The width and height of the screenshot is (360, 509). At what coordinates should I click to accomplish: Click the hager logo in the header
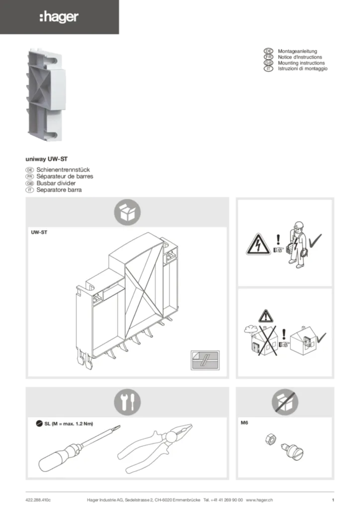pyautogui.click(x=59, y=17)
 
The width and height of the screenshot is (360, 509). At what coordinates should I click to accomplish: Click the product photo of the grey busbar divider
pyautogui.click(x=45, y=94)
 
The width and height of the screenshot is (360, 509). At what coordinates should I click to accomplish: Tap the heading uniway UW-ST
pyautogui.click(x=46, y=159)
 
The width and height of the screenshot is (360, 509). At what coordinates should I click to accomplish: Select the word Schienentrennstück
pyautogui.click(x=63, y=170)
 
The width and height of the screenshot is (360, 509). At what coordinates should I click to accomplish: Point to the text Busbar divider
pyautogui.click(x=56, y=183)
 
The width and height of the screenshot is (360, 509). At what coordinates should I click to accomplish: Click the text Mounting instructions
pyautogui.click(x=301, y=63)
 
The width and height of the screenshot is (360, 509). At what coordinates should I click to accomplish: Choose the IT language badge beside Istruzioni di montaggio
pyautogui.click(x=268, y=69)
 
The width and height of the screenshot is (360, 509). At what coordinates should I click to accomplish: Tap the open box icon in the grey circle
pyautogui.click(x=127, y=212)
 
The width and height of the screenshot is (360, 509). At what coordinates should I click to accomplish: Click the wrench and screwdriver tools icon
pyautogui.click(x=127, y=402)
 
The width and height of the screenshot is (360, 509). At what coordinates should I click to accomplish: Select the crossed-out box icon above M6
pyautogui.click(x=285, y=402)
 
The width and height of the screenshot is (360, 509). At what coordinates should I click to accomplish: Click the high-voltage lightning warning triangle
pyautogui.click(x=258, y=244)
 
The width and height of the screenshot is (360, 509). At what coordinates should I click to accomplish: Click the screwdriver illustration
pyautogui.click(x=79, y=448)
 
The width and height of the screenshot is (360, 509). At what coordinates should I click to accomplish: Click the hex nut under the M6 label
pyautogui.click(x=270, y=439)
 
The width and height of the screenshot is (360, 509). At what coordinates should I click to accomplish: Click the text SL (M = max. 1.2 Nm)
pyautogui.click(x=69, y=424)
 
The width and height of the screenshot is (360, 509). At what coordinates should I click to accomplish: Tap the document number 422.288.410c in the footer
pyautogui.click(x=38, y=500)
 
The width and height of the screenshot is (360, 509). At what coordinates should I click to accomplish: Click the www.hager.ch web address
pyautogui.click(x=259, y=500)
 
